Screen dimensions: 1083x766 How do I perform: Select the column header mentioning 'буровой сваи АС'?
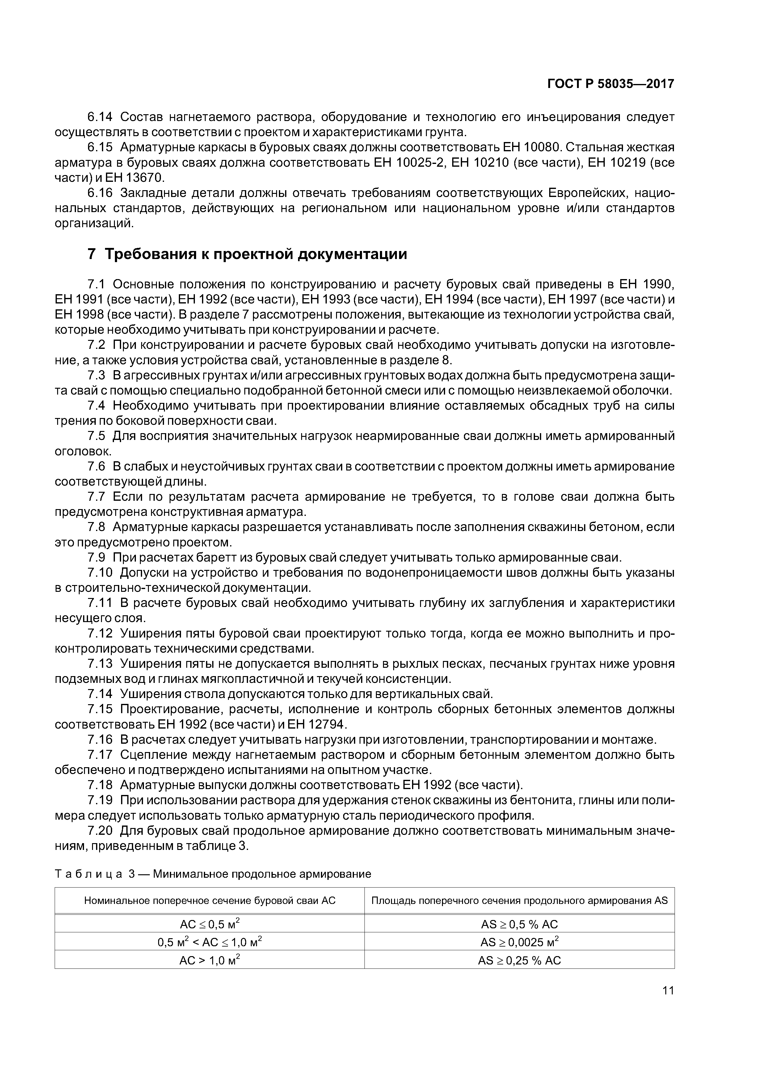click(x=209, y=901)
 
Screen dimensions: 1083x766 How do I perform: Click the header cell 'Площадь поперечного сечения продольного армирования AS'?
click(x=520, y=901)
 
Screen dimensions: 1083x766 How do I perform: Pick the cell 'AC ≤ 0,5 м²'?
click(x=209, y=924)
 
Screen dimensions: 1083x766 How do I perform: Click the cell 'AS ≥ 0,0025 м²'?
click(x=520, y=942)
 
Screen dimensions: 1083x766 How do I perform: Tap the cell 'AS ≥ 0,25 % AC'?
click(x=520, y=960)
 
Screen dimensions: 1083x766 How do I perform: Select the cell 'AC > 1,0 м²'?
click(x=209, y=960)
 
